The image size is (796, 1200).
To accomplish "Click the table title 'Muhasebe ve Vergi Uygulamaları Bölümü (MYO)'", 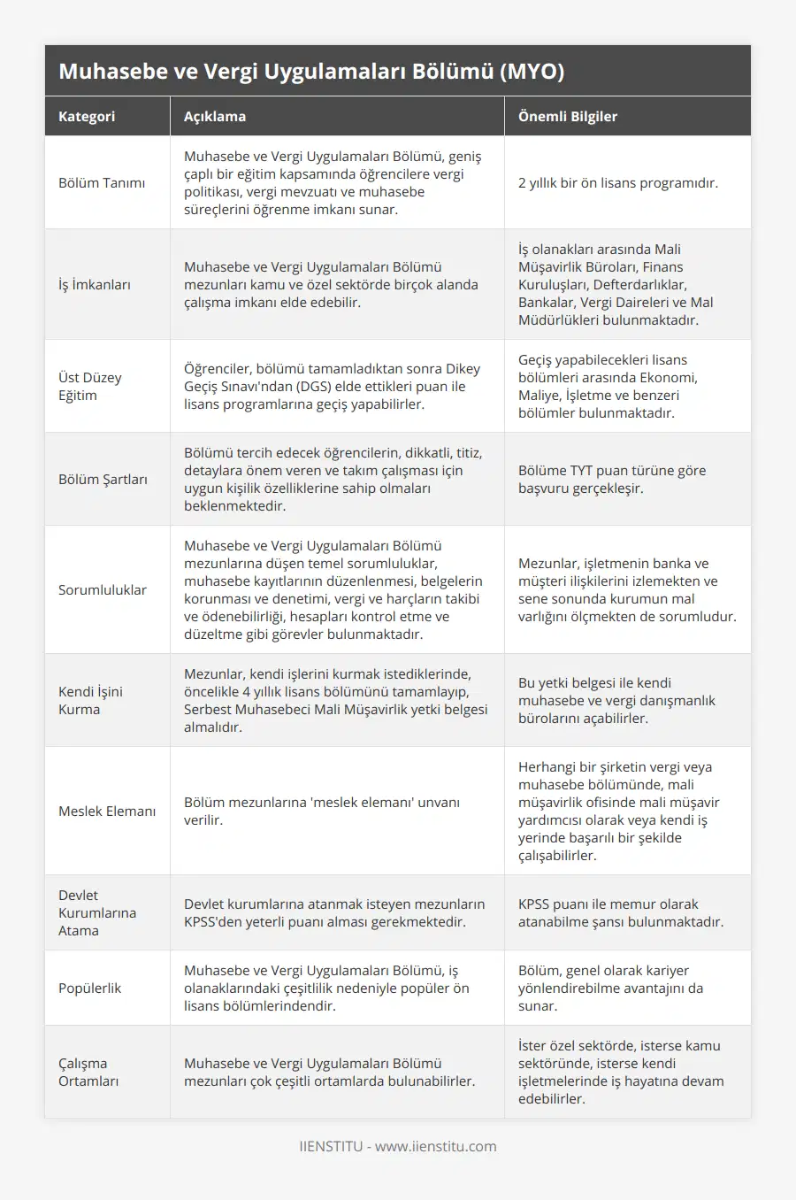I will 311,72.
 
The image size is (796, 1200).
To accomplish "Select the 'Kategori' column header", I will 87,116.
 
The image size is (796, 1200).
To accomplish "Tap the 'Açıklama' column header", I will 215,116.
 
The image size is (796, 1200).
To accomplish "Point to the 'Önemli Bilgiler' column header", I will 568,116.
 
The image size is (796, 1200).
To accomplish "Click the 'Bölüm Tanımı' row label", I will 102,183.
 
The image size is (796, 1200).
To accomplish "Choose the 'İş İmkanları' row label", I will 95,285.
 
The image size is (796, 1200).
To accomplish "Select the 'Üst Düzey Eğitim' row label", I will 90,387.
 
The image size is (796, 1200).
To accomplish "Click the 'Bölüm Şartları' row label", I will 103,480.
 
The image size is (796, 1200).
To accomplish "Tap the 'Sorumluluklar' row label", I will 103,590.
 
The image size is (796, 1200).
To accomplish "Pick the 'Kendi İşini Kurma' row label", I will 91,701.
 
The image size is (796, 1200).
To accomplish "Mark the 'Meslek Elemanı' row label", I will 107,812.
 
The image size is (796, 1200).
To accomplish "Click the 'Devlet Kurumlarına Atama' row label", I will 97,913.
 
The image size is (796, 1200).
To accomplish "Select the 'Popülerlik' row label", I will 90,988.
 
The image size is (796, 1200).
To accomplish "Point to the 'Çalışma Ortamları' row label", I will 88,1073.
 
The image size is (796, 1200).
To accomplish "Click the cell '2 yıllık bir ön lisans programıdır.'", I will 618,183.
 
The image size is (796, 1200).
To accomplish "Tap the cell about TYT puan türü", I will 612,480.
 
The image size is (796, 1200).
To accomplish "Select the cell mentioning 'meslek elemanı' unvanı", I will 322,812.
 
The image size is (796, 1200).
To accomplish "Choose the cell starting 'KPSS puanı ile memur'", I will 621,913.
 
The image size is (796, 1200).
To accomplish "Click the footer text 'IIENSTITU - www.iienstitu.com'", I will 398,1147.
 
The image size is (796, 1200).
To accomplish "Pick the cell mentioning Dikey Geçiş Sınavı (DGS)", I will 333,387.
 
